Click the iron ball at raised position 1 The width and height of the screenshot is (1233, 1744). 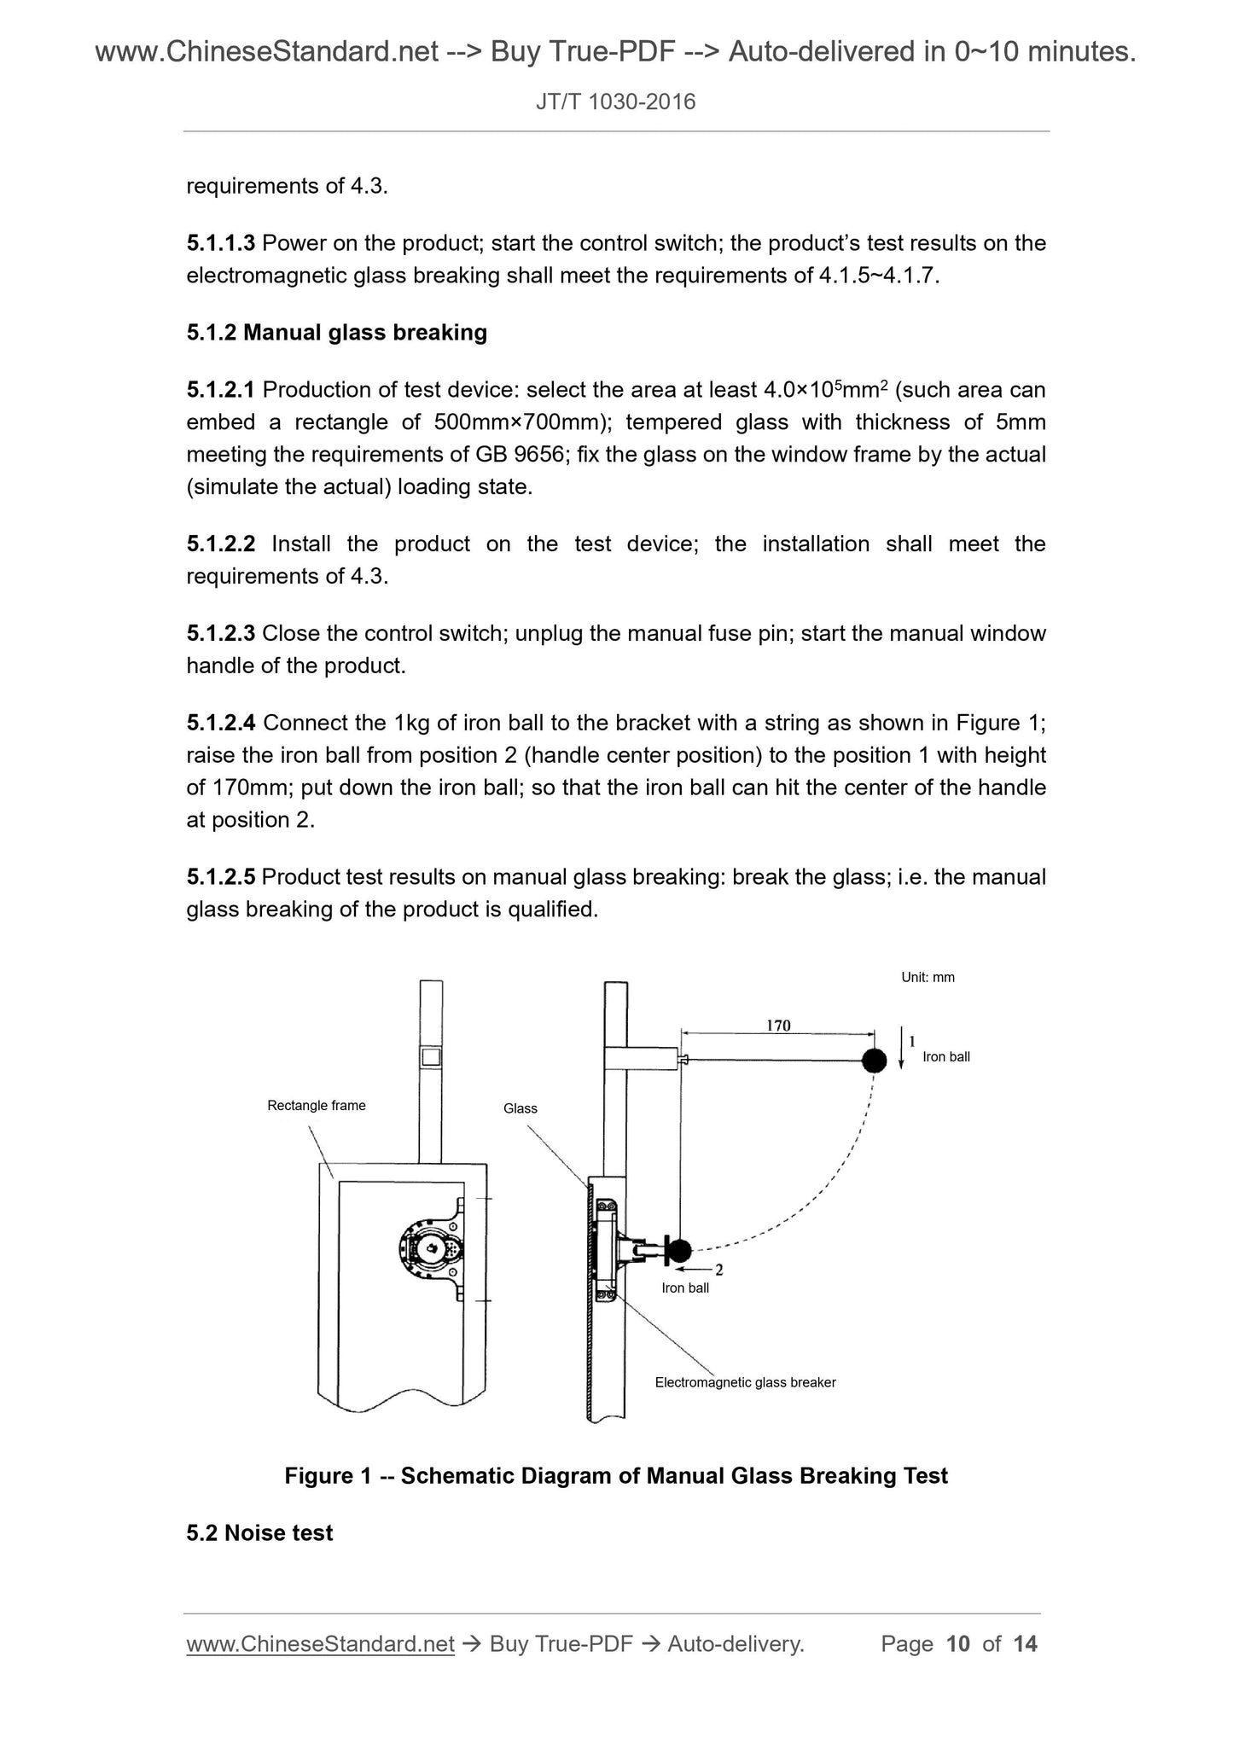(x=874, y=1061)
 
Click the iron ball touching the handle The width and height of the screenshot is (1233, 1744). (x=679, y=1251)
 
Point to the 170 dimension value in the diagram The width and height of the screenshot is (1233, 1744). (x=778, y=1026)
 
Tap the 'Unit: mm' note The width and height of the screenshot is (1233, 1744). (x=928, y=978)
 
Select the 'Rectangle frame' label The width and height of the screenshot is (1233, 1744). (x=317, y=1106)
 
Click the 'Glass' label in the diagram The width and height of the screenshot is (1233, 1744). (x=521, y=1108)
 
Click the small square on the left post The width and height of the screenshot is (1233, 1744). (x=431, y=1057)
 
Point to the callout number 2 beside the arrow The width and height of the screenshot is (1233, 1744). (x=719, y=1270)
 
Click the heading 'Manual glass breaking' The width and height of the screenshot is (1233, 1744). (x=365, y=333)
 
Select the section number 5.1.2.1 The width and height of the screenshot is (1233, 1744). (x=221, y=390)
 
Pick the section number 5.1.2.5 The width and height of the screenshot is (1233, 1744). (x=221, y=877)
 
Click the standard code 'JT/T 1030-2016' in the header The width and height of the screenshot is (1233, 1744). (x=616, y=102)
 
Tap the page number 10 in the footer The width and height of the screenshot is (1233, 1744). (x=958, y=1643)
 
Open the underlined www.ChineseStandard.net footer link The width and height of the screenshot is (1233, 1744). (x=320, y=1644)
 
